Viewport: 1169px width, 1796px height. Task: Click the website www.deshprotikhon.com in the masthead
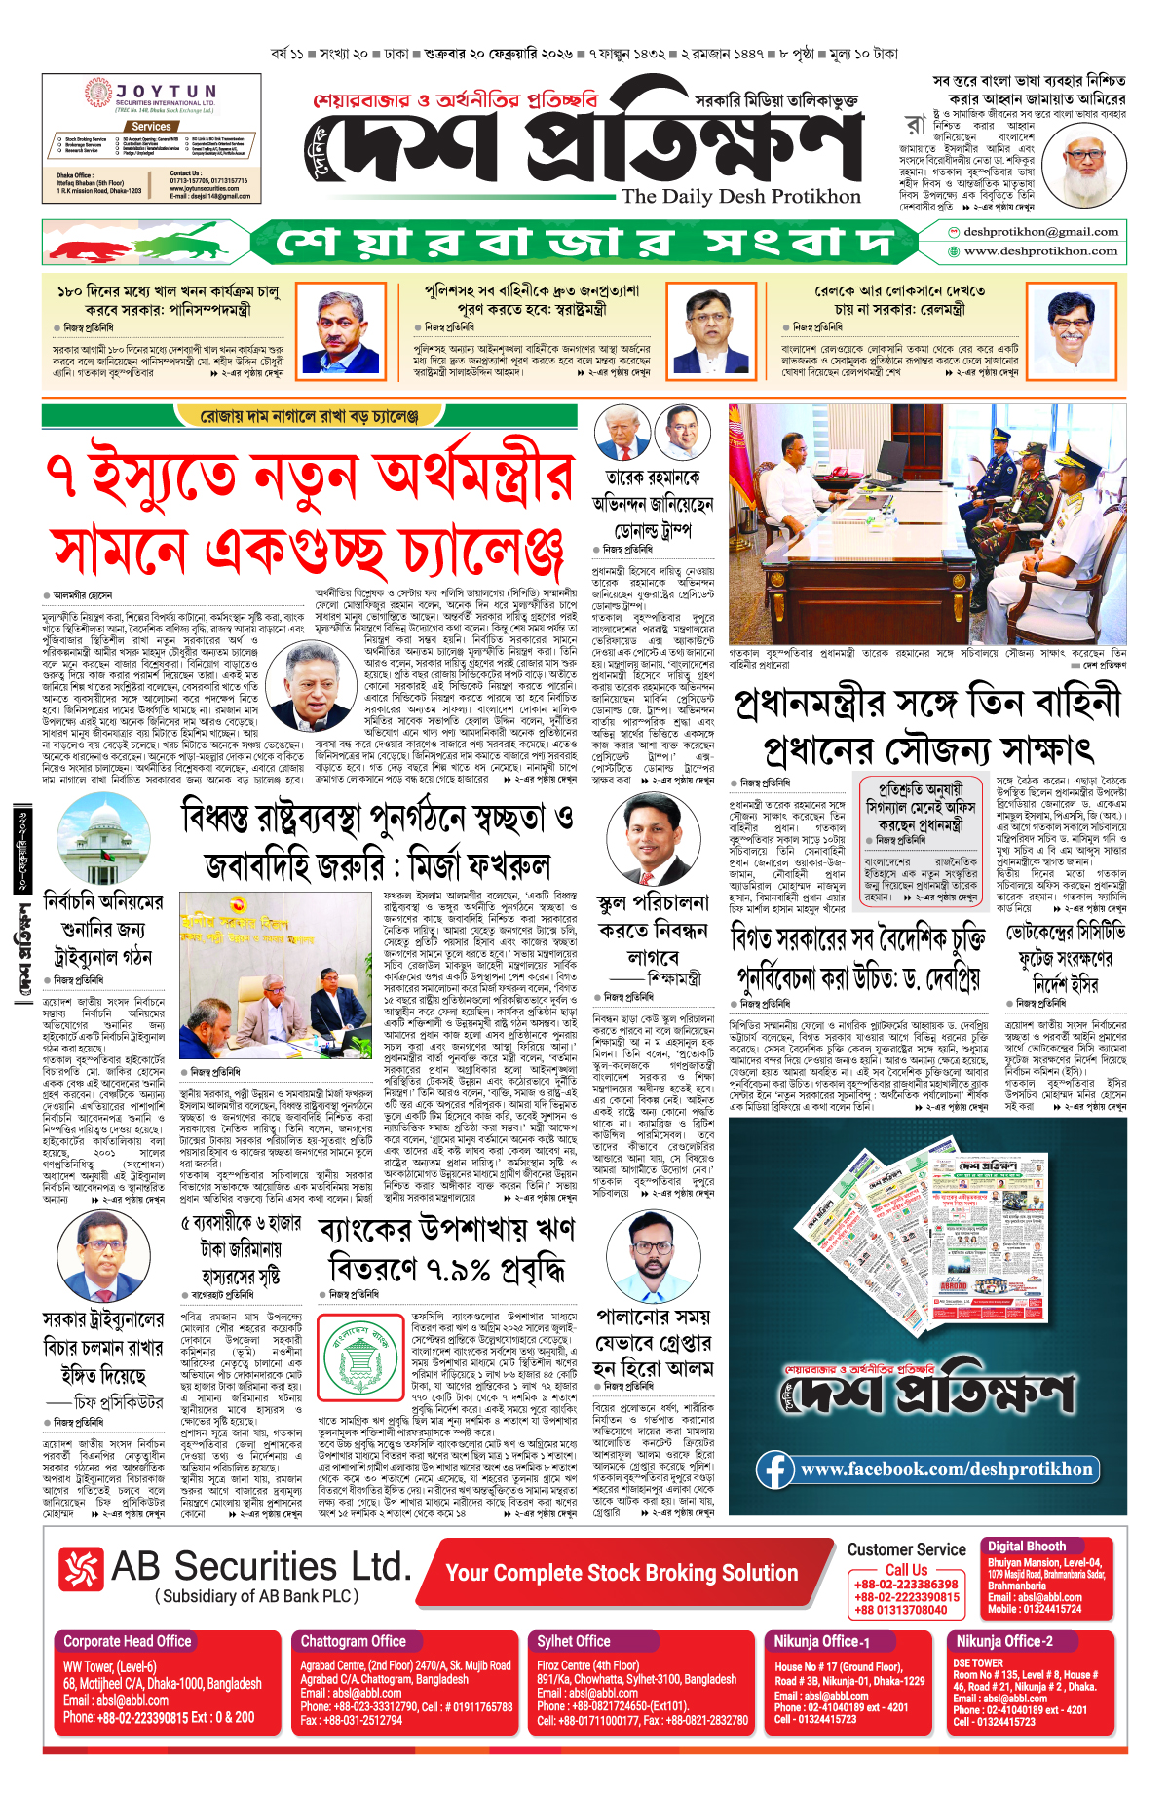pyautogui.click(x=1040, y=251)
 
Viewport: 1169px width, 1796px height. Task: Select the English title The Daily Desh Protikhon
pyautogui.click(x=741, y=196)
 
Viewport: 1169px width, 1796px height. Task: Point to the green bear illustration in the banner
pyautogui.click(x=195, y=242)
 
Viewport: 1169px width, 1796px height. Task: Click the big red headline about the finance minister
pyautogui.click(x=310, y=512)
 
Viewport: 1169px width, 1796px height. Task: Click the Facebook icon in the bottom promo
pyautogui.click(x=775, y=1470)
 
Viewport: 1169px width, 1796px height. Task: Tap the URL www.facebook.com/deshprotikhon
pyautogui.click(x=946, y=1469)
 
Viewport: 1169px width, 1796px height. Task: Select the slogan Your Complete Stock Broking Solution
pyautogui.click(x=622, y=1573)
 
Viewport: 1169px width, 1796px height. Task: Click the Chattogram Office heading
pyautogui.click(x=353, y=1641)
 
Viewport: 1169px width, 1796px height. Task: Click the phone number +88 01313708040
pyautogui.click(x=901, y=1610)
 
